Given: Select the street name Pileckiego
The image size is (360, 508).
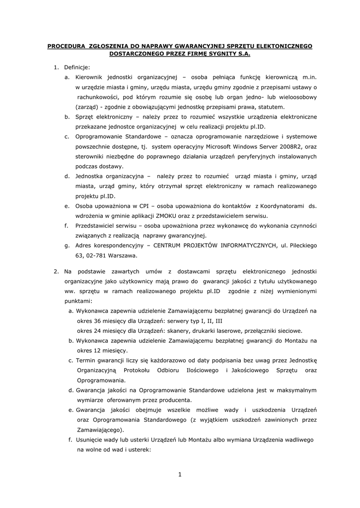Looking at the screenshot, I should coord(300,246).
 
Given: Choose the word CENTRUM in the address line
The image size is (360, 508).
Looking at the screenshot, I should coord(168,246).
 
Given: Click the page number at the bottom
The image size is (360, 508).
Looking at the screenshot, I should coord(180,475).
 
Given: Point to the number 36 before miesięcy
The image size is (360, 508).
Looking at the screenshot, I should coord(96,320).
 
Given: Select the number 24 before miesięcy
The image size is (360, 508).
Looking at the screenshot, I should coord(96,331).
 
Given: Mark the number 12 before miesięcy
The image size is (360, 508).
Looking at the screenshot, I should coord(96,351).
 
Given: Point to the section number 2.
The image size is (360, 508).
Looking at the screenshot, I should coord(56,271).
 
